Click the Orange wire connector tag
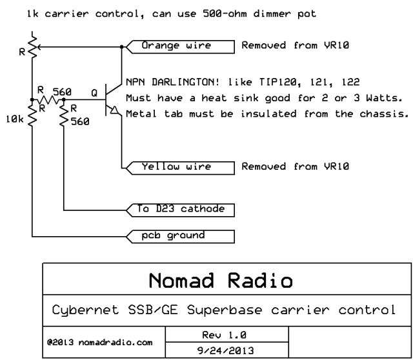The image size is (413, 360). pyautogui.click(x=181, y=47)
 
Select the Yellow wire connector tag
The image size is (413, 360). pyautogui.click(x=181, y=168)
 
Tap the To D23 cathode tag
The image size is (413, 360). pyautogui.click(x=181, y=210)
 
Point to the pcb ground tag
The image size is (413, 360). pyautogui.click(x=181, y=237)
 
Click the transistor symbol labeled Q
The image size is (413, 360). pyautogui.click(x=114, y=99)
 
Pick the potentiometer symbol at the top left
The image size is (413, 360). pyautogui.click(x=33, y=47)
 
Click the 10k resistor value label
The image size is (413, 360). pyautogui.click(x=15, y=119)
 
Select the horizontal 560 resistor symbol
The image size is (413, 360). pyautogui.click(x=48, y=100)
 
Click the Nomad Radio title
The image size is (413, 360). pyautogui.click(x=221, y=280)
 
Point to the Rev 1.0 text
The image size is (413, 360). pyautogui.click(x=224, y=335)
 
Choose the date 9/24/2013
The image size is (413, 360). pyautogui.click(x=225, y=350)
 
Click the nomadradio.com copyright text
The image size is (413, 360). pyautogui.click(x=100, y=342)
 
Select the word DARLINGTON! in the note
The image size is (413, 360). pyautogui.click(x=185, y=82)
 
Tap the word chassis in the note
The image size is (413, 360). pyautogui.click(x=384, y=114)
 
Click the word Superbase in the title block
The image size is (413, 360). pyautogui.click(x=225, y=310)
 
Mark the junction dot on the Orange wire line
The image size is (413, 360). pyautogui.click(x=122, y=47)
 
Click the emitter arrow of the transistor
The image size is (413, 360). pyautogui.click(x=114, y=110)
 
